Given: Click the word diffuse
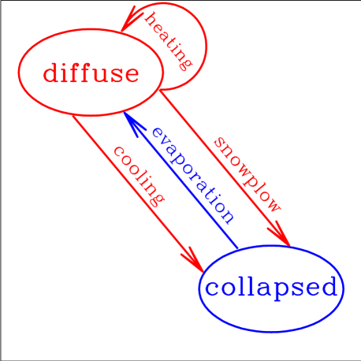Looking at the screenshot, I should tap(91, 73).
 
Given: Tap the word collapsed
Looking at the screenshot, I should tap(272, 288).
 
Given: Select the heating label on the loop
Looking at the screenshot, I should tap(170, 40).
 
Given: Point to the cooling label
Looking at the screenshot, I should tap(140, 175).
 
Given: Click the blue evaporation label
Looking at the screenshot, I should tap(192, 174).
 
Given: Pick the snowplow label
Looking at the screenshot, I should tap(247, 174).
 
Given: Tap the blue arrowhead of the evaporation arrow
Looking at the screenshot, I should tap(130, 119).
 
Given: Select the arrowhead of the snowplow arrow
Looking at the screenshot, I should tap(281, 236).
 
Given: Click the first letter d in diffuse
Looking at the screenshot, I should tap(52, 73).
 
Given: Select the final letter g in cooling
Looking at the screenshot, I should tap(158, 198).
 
